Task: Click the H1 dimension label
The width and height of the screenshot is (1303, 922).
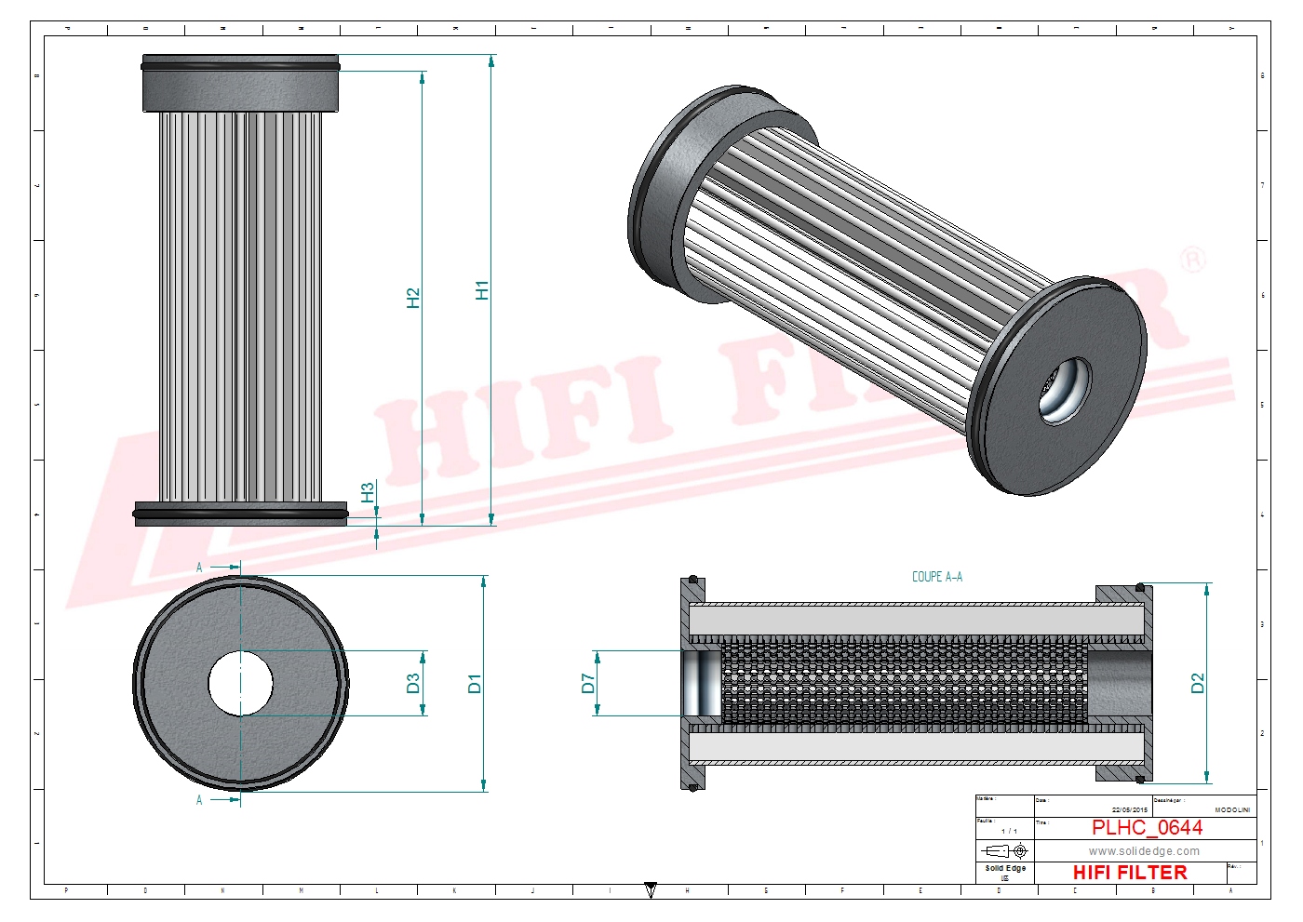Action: point(481,290)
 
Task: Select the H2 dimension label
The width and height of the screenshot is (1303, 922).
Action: point(413,298)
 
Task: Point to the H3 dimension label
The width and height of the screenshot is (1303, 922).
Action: point(368,492)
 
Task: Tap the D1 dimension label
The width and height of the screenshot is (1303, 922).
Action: point(475,684)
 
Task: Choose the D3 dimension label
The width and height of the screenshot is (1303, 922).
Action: point(413,684)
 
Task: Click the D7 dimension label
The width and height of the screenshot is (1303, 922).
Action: point(587,684)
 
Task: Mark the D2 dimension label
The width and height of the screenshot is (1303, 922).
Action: point(1197,684)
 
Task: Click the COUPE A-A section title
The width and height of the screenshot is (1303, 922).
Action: point(936,577)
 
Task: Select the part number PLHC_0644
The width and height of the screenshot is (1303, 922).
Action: point(1147,827)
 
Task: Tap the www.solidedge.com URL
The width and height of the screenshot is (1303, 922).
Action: point(1144,850)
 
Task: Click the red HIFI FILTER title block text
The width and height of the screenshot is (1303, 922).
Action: point(1130,873)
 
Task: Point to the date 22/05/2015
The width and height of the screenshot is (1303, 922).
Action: point(1130,810)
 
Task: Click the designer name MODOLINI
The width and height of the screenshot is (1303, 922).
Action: point(1232,810)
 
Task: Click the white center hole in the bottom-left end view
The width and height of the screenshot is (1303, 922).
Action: point(240,685)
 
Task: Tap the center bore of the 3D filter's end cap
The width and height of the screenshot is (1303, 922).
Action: point(1064,389)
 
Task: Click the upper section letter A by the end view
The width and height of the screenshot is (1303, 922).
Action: point(199,567)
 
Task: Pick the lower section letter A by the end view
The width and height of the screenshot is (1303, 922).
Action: point(199,799)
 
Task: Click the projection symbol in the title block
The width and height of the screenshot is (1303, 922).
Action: point(1005,850)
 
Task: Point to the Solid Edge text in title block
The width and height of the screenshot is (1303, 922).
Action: point(1005,868)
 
